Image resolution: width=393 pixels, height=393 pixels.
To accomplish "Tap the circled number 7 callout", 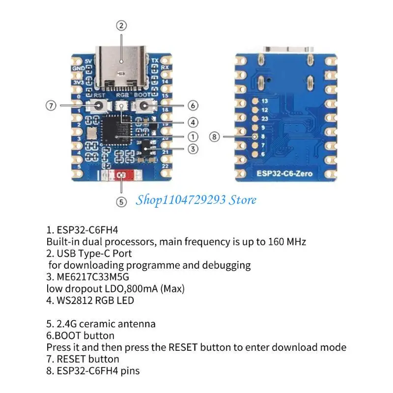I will click(51, 106).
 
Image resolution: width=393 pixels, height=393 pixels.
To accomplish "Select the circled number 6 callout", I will click(193, 105).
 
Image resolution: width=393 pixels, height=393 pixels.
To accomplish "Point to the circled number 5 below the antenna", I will click(122, 200).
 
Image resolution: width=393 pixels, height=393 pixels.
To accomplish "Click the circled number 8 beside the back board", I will click(214, 137).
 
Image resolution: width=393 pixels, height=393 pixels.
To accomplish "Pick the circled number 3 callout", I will click(193, 149).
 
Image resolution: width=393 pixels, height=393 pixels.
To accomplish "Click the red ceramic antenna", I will click(121, 175).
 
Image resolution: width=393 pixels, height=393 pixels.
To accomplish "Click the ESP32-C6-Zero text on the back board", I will click(285, 173).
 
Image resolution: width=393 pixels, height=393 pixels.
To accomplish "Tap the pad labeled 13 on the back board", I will click(255, 101).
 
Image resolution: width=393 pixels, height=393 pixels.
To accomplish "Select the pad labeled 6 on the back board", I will click(255, 154).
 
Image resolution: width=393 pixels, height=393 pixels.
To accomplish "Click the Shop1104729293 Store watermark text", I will click(196, 199).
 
